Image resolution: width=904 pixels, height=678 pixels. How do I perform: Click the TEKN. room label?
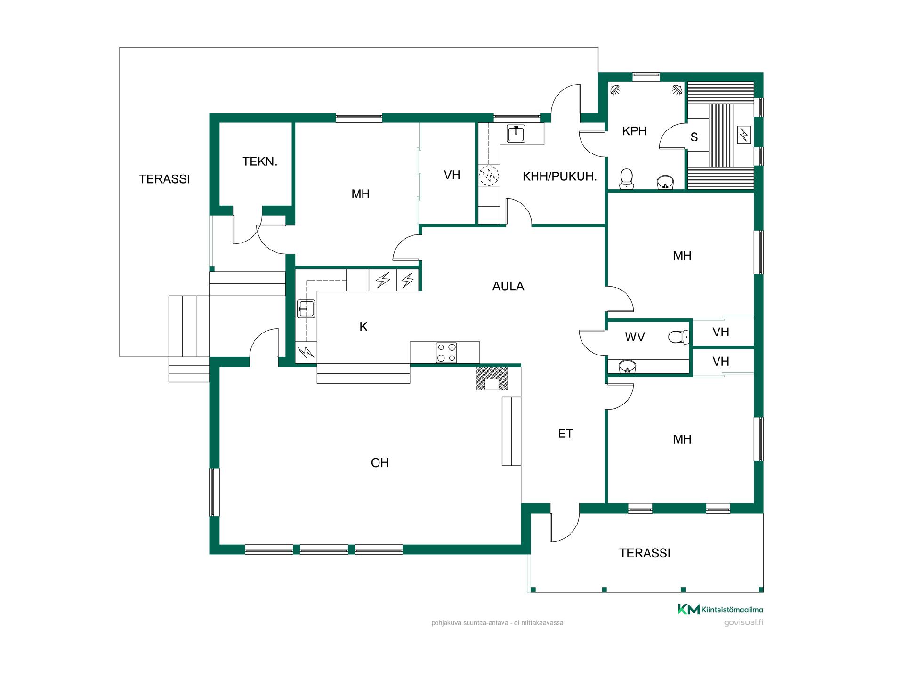[260, 161]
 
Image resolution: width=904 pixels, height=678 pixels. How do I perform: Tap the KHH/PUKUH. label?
[559, 177]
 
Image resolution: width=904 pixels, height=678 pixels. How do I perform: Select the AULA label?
[508, 286]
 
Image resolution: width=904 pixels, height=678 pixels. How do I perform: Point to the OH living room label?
[380, 463]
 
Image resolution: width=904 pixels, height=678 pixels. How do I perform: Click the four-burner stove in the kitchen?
[446, 353]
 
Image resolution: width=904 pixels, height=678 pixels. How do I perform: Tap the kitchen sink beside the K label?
[306, 309]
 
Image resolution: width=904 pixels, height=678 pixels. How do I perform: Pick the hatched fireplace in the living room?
[492, 379]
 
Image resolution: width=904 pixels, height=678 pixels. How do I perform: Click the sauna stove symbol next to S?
[744, 135]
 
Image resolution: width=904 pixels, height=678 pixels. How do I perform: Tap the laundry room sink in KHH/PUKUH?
[516, 134]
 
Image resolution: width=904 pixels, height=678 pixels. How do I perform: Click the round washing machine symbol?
[489, 175]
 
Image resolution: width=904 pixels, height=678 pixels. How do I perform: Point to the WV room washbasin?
[628, 366]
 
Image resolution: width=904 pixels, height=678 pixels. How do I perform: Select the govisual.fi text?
[743, 622]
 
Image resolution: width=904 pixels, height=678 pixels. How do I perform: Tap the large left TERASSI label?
[164, 179]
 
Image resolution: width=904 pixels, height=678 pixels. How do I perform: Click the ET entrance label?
[565, 434]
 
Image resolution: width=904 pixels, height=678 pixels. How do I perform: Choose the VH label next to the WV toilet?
[721, 332]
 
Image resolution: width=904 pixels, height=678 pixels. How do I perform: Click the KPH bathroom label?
[634, 131]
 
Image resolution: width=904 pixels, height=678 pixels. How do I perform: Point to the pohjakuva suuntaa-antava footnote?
[497, 623]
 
